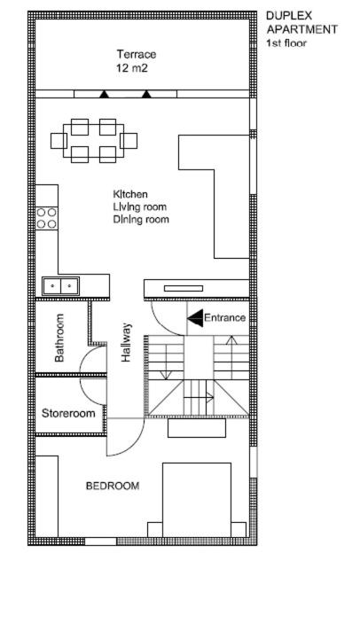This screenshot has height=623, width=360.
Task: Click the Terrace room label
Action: click(136, 54)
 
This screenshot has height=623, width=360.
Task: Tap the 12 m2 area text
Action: click(132, 68)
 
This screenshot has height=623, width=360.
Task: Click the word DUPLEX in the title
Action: click(289, 15)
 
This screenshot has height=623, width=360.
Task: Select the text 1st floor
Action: click(286, 43)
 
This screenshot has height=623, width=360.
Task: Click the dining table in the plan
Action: click(94, 141)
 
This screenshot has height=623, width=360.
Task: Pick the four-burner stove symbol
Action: click(47, 218)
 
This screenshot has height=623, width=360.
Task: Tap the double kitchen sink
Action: click(61, 285)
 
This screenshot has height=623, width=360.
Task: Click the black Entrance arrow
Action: click(195, 318)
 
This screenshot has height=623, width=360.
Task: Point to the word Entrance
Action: click(224, 318)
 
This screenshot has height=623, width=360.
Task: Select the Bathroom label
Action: click(59, 338)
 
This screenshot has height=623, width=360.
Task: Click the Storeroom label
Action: click(68, 413)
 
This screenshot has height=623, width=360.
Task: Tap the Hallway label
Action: click(126, 342)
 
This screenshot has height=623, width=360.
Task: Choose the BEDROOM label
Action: click(113, 486)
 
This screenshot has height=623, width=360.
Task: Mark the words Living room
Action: click(139, 206)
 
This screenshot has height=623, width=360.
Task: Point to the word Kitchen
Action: click(130, 194)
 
